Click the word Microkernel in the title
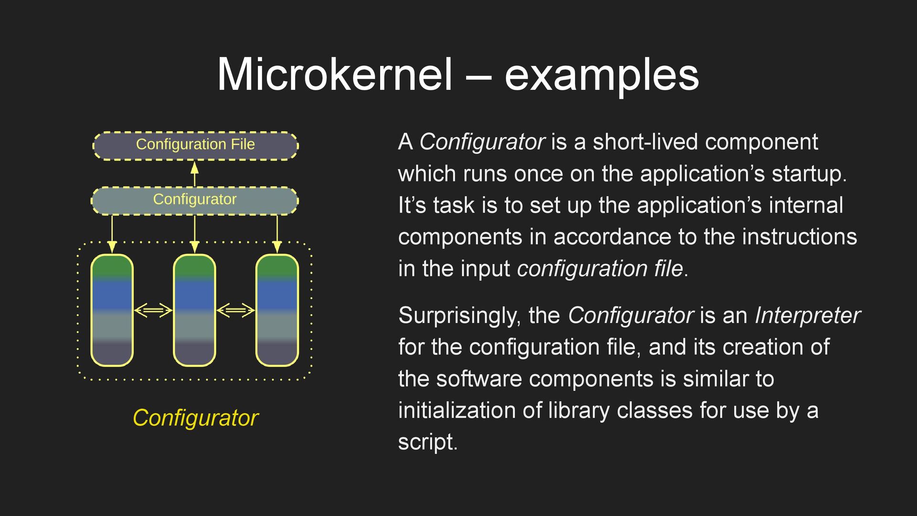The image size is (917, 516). click(334, 75)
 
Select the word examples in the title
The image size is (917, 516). click(601, 75)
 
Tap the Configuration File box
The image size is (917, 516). click(195, 145)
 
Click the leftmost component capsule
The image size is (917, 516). click(112, 311)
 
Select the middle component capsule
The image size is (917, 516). click(194, 311)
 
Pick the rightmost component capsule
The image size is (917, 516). click(277, 311)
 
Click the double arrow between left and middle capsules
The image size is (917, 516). click(153, 311)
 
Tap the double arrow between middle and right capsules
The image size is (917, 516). click(235, 311)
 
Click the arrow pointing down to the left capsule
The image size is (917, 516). click(112, 234)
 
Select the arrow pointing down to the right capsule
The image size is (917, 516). click(277, 234)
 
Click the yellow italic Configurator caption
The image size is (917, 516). click(195, 418)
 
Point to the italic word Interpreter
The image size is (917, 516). click(807, 316)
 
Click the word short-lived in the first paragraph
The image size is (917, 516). click(645, 142)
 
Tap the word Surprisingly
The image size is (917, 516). click(459, 316)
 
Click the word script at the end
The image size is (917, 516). click(427, 442)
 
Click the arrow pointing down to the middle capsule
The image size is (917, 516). click(194, 234)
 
